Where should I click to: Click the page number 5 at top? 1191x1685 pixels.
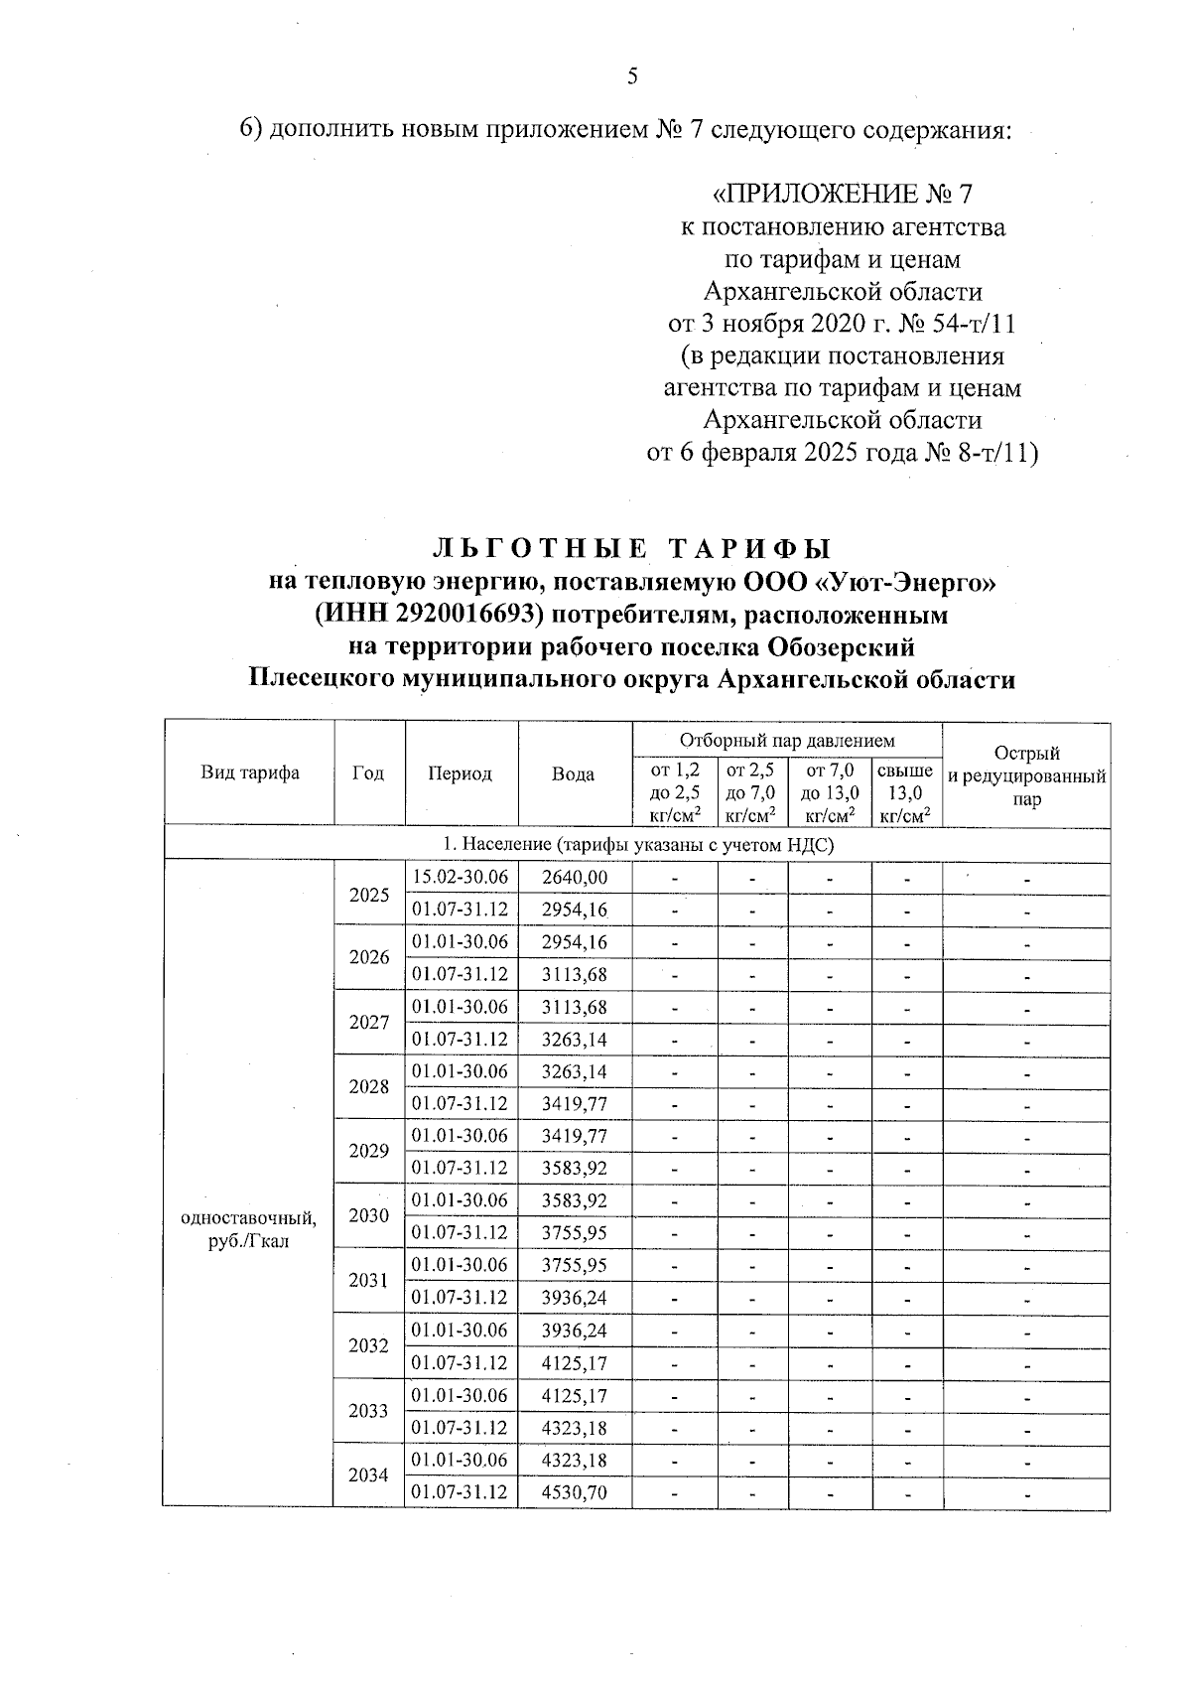point(632,77)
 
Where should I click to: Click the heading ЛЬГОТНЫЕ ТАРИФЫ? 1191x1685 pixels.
point(632,549)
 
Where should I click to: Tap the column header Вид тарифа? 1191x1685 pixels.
point(250,773)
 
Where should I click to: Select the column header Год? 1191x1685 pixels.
point(368,773)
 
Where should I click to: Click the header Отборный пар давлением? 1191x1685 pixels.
point(787,740)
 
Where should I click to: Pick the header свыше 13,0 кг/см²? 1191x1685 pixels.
point(905,792)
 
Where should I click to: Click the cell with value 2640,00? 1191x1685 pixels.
point(574,878)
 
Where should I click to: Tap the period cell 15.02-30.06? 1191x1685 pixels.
point(461,878)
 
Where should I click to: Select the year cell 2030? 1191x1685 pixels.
point(368,1215)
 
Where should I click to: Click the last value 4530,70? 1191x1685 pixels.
point(574,1492)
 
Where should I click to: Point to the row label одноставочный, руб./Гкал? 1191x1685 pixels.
point(249,1230)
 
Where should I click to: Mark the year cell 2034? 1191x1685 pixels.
point(368,1475)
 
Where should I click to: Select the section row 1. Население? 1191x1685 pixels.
point(636,844)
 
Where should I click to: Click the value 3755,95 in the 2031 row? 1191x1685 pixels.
point(574,1265)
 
